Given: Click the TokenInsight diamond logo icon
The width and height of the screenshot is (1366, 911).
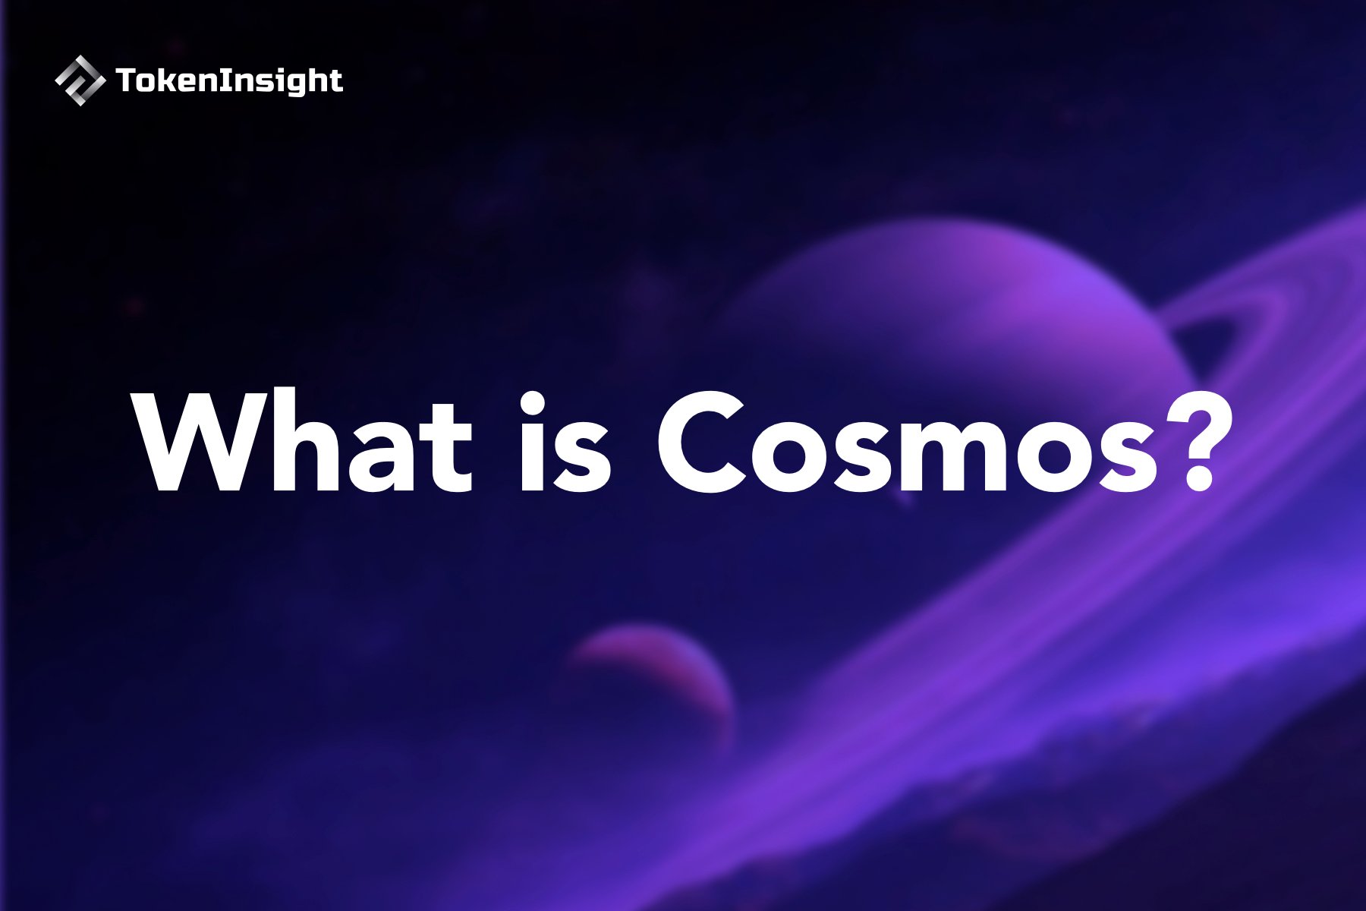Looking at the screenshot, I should click(80, 80).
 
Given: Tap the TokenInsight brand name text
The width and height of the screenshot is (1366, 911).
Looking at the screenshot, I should click(229, 81).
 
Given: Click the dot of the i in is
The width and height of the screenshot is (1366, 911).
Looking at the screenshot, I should click(533, 402).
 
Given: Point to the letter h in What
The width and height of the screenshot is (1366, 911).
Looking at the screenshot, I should click(297, 444).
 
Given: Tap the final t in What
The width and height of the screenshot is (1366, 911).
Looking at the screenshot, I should click(448, 448).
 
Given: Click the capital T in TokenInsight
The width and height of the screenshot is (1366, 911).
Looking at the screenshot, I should click(126, 80).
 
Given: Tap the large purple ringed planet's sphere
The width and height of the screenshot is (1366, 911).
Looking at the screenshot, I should click(949, 304).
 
